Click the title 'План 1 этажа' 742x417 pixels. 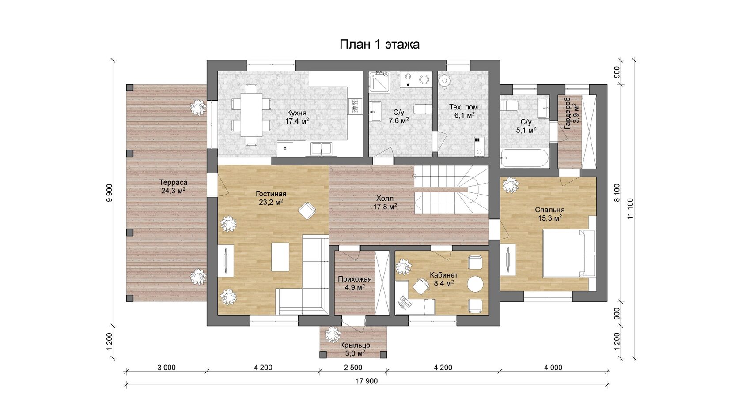coord(380,44)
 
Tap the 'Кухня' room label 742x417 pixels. coord(296,113)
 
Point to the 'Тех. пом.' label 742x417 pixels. coord(464,107)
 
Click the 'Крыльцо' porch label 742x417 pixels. coord(355,345)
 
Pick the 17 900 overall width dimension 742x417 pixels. coord(367,381)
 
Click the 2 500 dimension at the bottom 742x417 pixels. coord(353,368)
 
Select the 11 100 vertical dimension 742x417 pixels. coord(630,208)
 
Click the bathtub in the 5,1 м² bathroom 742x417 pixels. coord(525,158)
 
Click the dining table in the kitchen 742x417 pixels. coord(251,115)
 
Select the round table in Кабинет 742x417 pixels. coord(475,284)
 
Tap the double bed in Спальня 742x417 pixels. coord(569,253)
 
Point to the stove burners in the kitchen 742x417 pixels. coord(355,106)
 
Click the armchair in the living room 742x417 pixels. coord(307,210)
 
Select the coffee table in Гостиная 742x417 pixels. coord(280,257)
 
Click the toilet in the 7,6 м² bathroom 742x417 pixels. coord(423,109)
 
